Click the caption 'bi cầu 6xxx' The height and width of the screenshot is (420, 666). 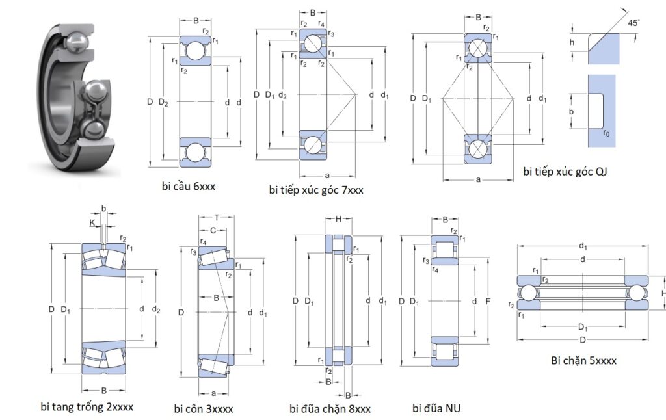coord(189,187)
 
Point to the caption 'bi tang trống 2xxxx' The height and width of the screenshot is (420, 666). coord(87,407)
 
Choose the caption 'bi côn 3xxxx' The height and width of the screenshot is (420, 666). coord(204,408)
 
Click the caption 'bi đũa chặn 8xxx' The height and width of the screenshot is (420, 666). coord(330,408)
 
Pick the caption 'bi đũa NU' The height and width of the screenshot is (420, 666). coord(436,408)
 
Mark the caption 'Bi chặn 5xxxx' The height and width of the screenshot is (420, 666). coord(583,360)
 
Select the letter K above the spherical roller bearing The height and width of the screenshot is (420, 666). coord(93,222)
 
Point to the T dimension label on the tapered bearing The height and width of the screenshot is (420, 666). coord(217,217)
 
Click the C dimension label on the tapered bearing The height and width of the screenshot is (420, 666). coord(213,230)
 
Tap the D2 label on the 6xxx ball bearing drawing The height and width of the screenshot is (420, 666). coord(164,103)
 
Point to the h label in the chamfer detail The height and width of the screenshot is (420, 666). coord(572,42)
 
